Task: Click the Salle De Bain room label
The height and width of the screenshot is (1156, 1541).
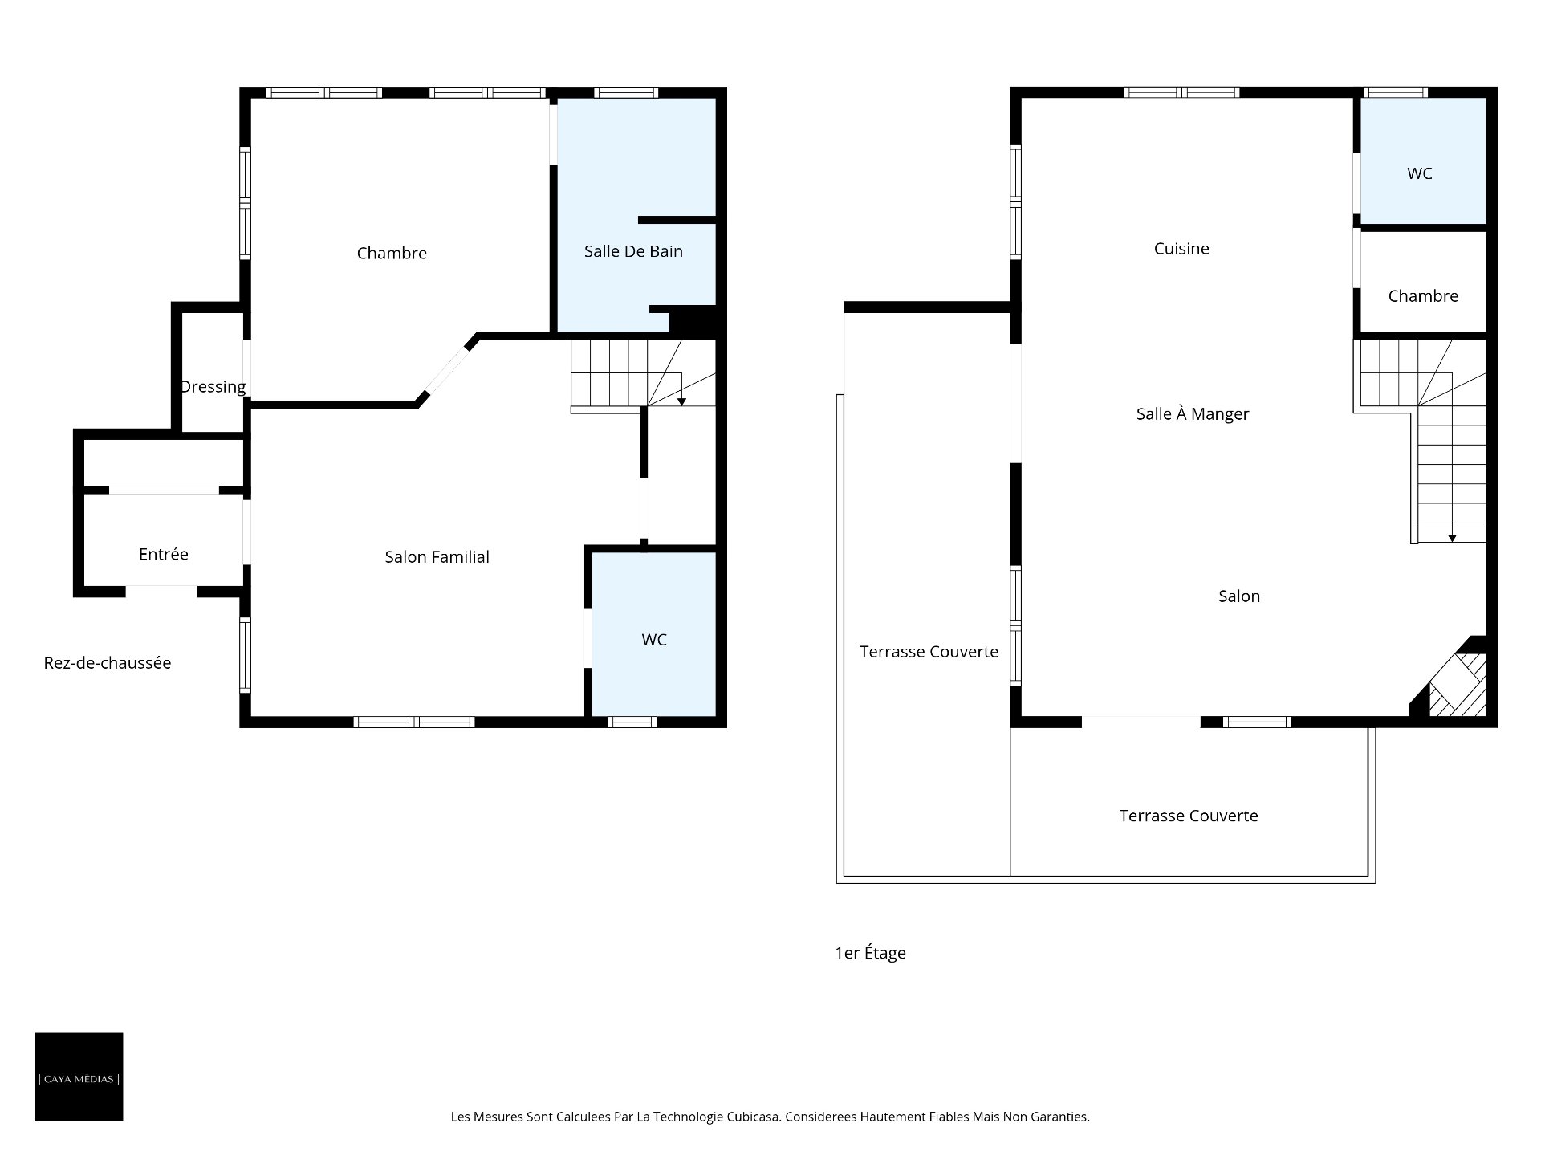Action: tap(633, 251)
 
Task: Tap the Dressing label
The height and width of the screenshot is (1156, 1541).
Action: tap(213, 387)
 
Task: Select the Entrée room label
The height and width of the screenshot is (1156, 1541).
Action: tap(164, 554)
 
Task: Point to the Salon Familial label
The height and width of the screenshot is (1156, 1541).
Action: tap(437, 557)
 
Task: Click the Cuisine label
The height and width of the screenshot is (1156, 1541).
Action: tap(1181, 249)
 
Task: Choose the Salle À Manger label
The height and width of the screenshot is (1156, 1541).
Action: tap(1193, 414)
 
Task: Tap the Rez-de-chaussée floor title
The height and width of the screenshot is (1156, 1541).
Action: tap(108, 663)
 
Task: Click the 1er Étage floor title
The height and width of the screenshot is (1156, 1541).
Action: tap(870, 953)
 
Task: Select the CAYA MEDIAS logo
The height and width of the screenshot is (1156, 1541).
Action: tap(79, 1077)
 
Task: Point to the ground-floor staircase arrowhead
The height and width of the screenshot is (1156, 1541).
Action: tap(681, 401)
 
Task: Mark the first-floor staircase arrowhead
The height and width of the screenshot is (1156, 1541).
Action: tap(1452, 538)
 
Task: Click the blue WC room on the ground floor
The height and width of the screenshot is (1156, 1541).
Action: tap(653, 634)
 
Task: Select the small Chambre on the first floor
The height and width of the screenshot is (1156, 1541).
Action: tap(1423, 283)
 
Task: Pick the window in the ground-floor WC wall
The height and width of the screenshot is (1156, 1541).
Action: tap(632, 722)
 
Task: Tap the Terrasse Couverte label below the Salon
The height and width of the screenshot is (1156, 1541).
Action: tap(1189, 816)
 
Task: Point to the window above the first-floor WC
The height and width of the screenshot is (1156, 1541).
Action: tap(1397, 92)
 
